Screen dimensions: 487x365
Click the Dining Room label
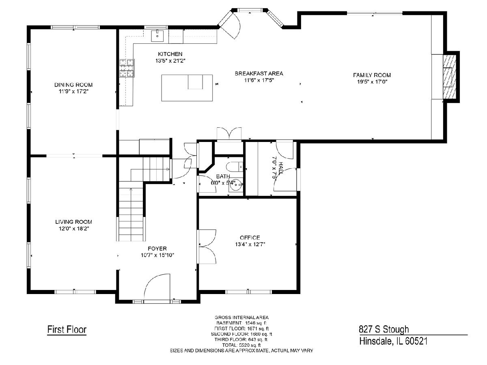(73, 85)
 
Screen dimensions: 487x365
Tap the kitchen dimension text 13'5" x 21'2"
(170, 61)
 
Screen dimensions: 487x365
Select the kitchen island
(187, 88)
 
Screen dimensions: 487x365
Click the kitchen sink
(157, 36)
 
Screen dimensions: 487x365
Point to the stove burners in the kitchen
(127, 68)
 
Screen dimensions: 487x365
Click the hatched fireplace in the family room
(450, 77)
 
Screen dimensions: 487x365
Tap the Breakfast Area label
(259, 73)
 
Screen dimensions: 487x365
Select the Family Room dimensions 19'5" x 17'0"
(372, 82)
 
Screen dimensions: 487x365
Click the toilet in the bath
(235, 167)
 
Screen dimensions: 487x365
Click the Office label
(250, 238)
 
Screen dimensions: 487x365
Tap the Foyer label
(157, 249)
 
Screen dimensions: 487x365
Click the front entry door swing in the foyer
(157, 287)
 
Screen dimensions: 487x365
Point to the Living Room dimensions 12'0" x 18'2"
(74, 228)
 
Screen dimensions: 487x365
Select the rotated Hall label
(281, 168)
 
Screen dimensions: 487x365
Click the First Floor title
(67, 330)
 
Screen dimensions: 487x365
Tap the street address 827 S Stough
(384, 329)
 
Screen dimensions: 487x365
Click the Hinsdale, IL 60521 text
(393, 341)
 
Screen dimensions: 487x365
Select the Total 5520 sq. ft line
(241, 345)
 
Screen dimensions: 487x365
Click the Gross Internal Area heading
(241, 318)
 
